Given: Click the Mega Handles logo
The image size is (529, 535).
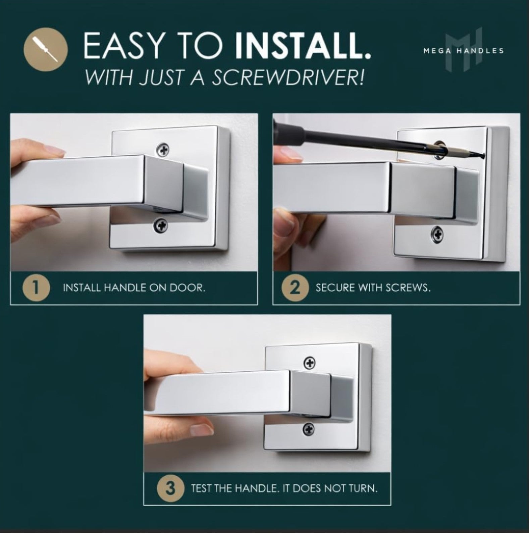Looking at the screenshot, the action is (464, 50).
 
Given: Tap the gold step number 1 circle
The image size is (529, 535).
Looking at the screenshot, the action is (37, 288).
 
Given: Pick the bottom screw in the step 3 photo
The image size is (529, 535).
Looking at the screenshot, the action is (309, 428).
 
